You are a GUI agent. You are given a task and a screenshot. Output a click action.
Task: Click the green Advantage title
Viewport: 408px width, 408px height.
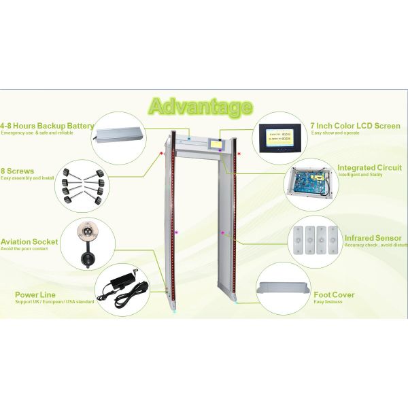click(x=200, y=107)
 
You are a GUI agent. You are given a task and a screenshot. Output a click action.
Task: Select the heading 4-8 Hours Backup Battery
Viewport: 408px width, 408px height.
click(x=47, y=126)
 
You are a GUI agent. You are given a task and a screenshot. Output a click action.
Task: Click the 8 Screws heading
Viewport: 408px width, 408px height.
click(x=18, y=171)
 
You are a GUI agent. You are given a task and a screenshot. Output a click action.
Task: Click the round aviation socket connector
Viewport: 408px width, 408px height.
click(x=86, y=231)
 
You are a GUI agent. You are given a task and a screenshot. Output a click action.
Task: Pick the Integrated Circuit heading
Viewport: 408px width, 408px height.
click(x=369, y=167)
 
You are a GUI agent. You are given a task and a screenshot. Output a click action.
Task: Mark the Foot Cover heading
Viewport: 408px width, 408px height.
click(x=333, y=294)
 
